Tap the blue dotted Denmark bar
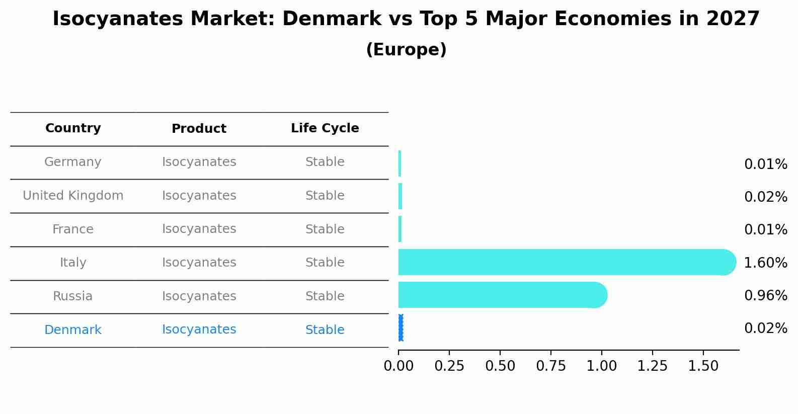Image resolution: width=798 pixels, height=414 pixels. (x=401, y=328)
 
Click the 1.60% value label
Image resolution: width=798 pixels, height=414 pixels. (x=765, y=263)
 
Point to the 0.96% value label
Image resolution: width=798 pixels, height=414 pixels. (x=765, y=295)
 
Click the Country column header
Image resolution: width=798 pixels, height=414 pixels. (x=73, y=128)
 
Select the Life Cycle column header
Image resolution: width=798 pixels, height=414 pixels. (x=325, y=128)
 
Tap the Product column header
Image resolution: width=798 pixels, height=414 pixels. (x=199, y=129)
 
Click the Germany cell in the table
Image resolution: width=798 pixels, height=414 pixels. (x=73, y=162)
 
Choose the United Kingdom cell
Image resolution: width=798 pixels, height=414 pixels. (x=73, y=196)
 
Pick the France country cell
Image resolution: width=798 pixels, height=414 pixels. (x=73, y=229)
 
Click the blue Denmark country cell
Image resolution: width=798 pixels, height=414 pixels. (x=73, y=330)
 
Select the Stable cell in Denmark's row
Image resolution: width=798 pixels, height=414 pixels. (x=325, y=330)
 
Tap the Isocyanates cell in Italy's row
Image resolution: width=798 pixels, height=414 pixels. (x=199, y=263)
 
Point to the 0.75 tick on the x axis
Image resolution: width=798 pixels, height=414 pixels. (x=551, y=366)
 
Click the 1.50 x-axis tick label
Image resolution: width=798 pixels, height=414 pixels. (x=703, y=366)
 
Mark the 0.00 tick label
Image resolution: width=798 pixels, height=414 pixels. (x=398, y=366)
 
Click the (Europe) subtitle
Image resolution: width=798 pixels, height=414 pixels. (x=406, y=50)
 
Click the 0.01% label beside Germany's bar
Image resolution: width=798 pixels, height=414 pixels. (x=765, y=164)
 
